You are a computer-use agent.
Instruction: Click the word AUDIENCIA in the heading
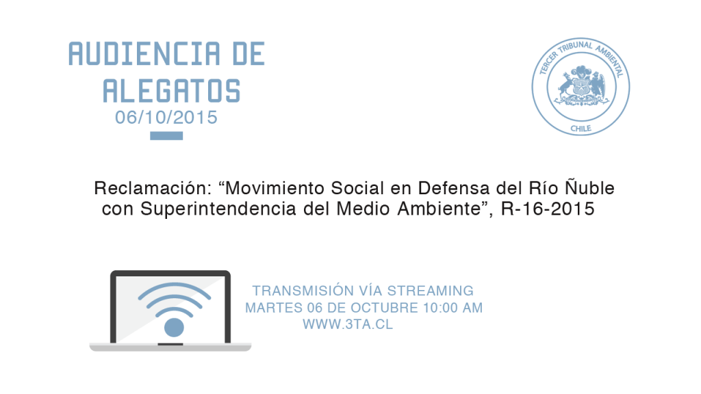coord(144,54)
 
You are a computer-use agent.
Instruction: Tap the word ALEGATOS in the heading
coord(172,91)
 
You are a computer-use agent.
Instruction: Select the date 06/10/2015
coord(166,118)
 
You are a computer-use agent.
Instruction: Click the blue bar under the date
coord(166,136)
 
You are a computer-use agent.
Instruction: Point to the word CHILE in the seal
coord(581,129)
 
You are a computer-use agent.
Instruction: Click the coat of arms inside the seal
coord(581,86)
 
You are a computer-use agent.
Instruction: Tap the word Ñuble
coord(589,187)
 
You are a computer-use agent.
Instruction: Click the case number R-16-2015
coord(548,209)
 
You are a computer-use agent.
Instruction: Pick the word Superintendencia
coord(218,209)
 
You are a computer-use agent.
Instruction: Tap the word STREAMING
coord(430,291)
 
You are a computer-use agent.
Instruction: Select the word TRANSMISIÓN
coord(303,291)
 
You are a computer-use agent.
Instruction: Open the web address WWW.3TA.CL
coord(348,324)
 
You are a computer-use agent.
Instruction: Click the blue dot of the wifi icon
coord(174,328)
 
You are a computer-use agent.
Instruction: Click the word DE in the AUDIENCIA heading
coord(248,54)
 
